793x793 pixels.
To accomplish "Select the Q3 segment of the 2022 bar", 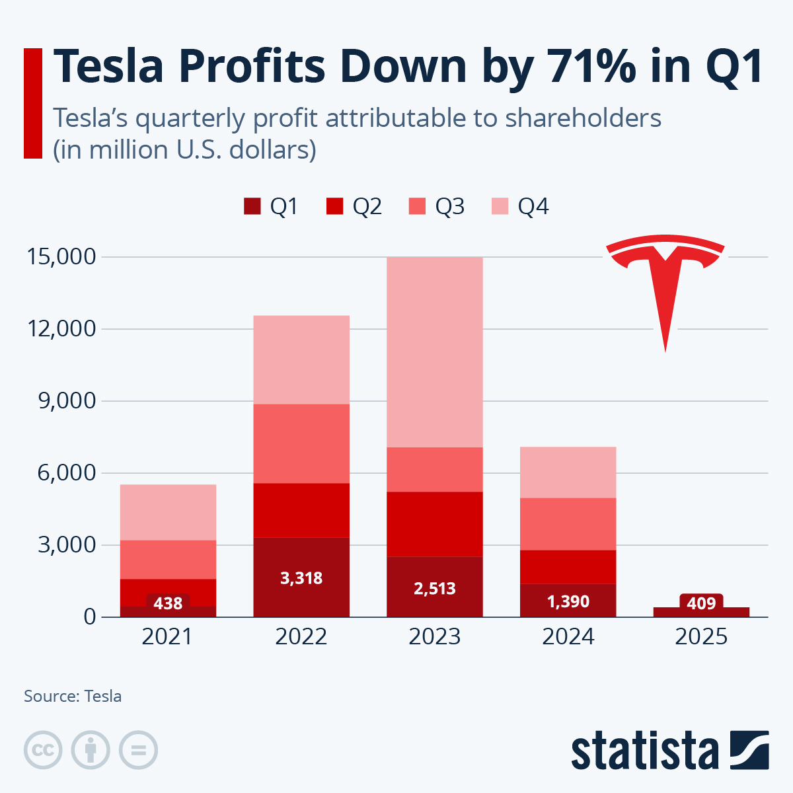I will tap(301, 443).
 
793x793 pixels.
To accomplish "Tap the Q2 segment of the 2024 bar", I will tap(568, 566).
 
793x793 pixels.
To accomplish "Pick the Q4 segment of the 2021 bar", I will tap(168, 512).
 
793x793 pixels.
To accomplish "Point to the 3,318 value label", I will tap(301, 578).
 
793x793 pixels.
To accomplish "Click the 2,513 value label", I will tap(435, 588).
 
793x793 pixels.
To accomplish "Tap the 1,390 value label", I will tap(568, 601).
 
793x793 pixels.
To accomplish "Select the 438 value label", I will tap(168, 603).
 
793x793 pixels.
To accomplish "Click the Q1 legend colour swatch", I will tap(252, 207).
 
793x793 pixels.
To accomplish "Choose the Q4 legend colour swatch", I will tap(500, 207).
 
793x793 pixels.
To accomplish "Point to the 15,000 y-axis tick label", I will tap(61, 256).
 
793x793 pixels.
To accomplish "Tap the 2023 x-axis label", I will tap(435, 636).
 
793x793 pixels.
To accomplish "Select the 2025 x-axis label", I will tap(701, 636).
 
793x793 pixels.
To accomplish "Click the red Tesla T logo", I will tap(665, 284).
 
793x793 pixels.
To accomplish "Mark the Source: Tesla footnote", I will tap(73, 696).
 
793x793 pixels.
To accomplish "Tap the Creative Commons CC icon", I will tap(43, 750).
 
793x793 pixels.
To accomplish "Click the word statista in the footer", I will tap(644, 750).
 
